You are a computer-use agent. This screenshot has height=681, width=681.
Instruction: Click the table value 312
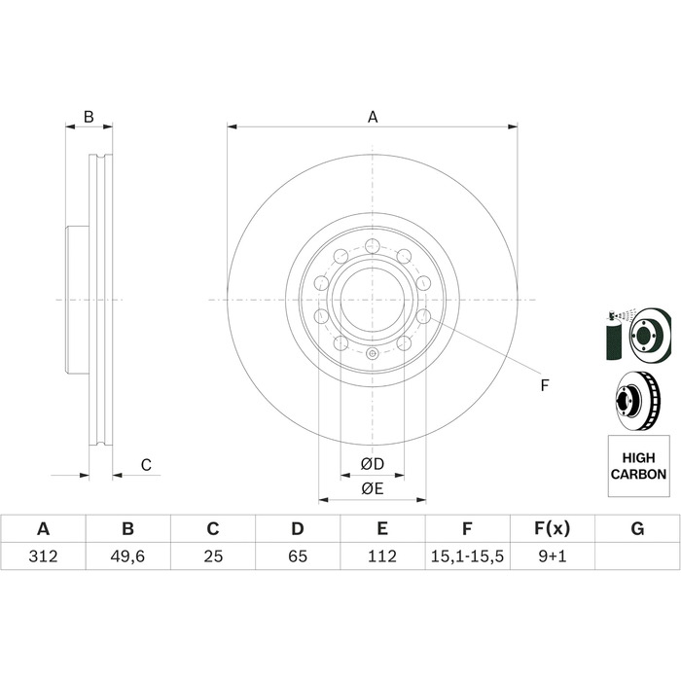click(43, 556)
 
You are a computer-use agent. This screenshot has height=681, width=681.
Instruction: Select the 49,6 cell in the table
click(127, 556)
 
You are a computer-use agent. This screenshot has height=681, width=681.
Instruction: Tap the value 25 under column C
click(213, 556)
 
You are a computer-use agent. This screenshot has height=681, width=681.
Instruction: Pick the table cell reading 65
click(298, 556)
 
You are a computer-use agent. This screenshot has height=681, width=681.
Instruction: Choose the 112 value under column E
click(382, 556)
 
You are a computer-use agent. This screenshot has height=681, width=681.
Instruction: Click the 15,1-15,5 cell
click(467, 556)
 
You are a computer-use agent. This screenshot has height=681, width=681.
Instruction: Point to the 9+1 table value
click(553, 556)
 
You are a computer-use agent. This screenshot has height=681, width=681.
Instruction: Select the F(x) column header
click(552, 528)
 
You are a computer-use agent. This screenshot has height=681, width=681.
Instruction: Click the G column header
click(637, 528)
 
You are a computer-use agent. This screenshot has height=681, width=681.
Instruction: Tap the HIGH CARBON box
click(638, 466)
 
